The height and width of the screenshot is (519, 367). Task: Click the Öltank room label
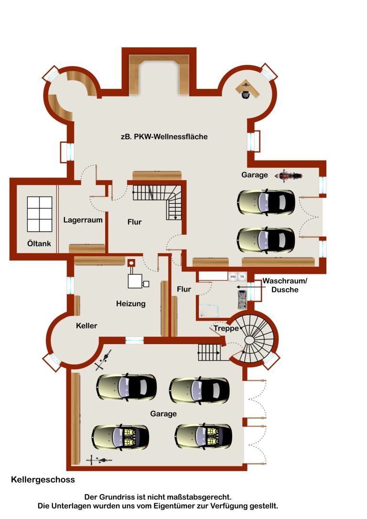click(39, 244)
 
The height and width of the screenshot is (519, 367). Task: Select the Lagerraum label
click(83, 220)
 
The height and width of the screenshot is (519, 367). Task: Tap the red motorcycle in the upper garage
click(289, 175)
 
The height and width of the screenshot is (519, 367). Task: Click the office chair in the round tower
click(245, 94)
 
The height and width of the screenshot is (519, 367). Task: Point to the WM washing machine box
click(233, 277)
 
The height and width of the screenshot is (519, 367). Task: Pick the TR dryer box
click(242, 277)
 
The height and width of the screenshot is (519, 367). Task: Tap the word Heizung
click(131, 304)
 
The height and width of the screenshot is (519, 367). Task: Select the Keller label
click(86, 326)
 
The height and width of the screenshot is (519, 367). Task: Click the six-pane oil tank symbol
click(40, 214)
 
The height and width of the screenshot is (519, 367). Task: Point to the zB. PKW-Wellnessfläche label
click(164, 137)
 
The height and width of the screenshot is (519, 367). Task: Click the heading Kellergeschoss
click(43, 480)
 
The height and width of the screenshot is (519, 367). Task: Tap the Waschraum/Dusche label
click(285, 285)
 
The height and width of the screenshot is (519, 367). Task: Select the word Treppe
click(226, 328)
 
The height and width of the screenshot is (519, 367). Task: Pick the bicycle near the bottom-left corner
click(99, 460)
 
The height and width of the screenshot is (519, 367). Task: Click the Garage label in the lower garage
click(163, 414)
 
